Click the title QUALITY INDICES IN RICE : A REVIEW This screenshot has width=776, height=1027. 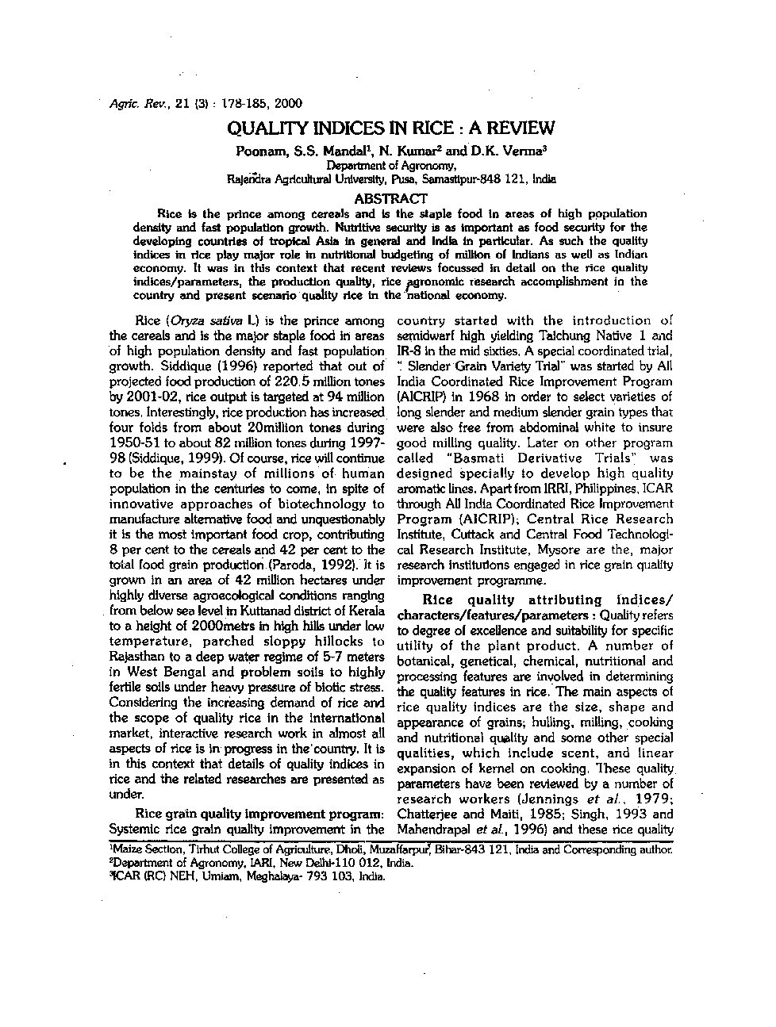390,128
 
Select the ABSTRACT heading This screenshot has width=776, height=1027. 390,198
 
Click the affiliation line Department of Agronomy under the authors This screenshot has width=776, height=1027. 391,166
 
